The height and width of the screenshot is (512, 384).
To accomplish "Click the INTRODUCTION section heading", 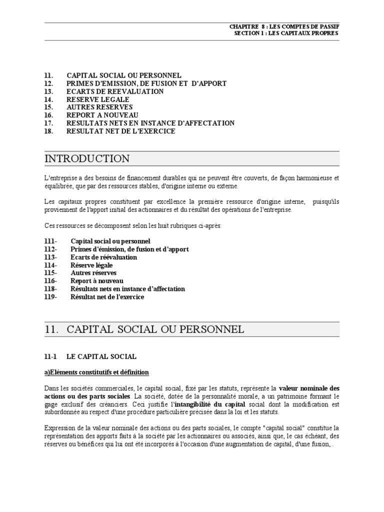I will [x=87, y=159].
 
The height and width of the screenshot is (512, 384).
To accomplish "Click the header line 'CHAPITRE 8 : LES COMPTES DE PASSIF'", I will [x=284, y=26].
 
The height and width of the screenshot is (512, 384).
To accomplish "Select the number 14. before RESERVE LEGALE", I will [x=48, y=99].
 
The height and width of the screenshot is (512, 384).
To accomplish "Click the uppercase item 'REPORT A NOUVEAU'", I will [x=102, y=115].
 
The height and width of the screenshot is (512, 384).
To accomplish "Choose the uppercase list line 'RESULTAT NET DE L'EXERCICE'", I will [x=120, y=131].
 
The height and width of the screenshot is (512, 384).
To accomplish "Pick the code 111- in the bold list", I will [x=50, y=241].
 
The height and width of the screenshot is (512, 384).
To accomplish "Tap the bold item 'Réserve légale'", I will [x=91, y=265].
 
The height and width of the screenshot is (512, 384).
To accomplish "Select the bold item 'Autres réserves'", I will [x=93, y=273].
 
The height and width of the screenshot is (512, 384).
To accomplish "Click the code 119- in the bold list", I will [x=50, y=297].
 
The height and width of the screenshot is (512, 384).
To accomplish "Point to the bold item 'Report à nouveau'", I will [x=97, y=281].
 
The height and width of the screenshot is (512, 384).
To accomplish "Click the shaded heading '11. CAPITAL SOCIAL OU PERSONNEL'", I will [x=144, y=329].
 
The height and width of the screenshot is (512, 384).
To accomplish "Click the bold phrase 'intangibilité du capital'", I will [x=209, y=404].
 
